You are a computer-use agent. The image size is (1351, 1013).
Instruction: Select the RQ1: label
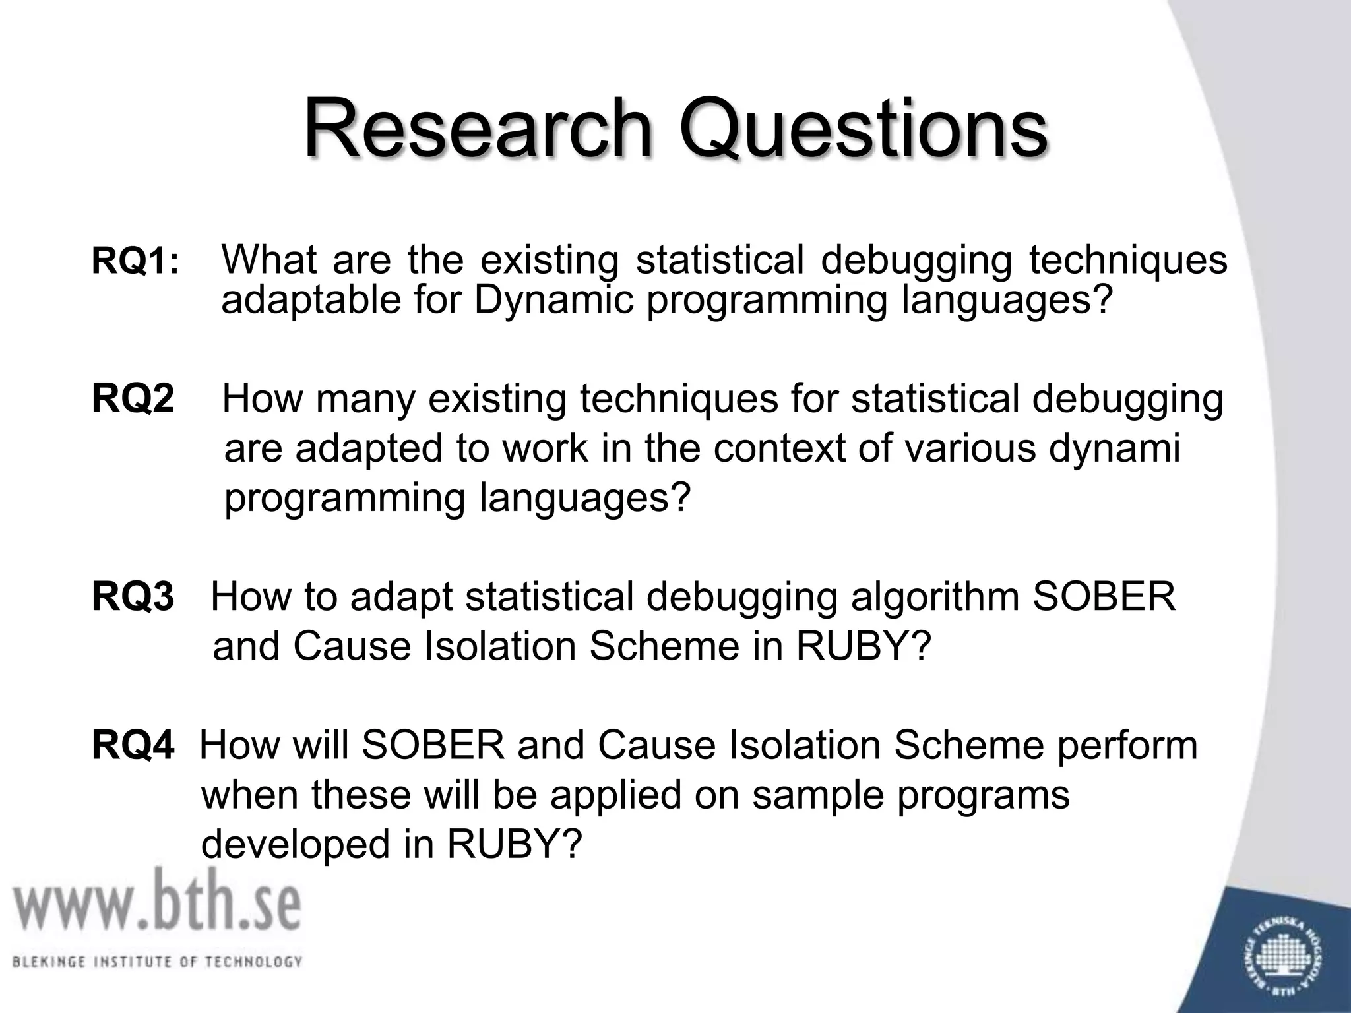[135, 262]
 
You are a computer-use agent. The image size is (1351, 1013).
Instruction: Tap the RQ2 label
[133, 399]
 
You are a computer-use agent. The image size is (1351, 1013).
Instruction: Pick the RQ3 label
[133, 597]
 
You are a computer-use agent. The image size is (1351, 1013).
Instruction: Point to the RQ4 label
[133, 746]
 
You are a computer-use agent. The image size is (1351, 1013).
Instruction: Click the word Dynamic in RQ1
[553, 301]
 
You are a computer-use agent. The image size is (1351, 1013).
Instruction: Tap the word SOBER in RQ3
[1103, 596]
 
